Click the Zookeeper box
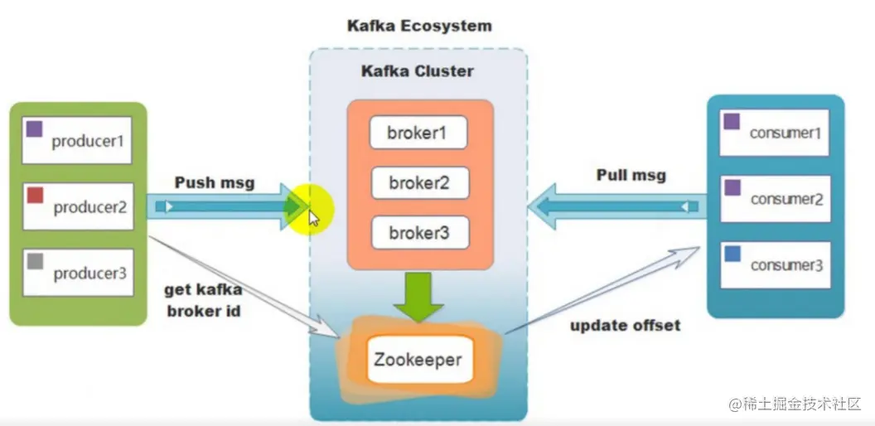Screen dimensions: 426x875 point(419,360)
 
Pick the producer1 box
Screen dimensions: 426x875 point(78,139)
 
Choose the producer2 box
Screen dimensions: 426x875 point(78,206)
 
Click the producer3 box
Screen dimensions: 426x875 point(78,273)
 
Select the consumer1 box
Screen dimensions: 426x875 point(774,132)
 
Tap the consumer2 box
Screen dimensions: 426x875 point(774,198)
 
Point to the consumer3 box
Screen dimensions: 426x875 point(774,264)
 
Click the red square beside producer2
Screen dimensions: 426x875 point(36,196)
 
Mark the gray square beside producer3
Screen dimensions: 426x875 point(36,262)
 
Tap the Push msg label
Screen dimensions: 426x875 point(214,182)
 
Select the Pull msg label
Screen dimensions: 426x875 point(631,176)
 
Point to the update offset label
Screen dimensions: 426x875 point(625,325)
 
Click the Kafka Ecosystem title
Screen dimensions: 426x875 point(418,26)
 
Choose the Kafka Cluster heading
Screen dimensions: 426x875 point(417,71)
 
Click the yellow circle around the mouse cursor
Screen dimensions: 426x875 point(307,209)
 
